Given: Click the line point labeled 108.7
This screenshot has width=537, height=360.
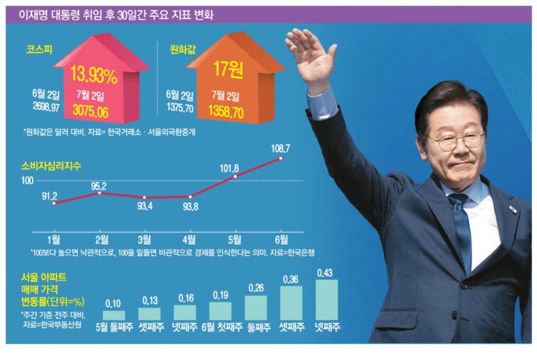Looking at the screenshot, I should click(281, 159).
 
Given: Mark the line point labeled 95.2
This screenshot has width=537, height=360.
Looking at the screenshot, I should click(99, 193).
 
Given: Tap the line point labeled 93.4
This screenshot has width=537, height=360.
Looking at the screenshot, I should click(145, 197).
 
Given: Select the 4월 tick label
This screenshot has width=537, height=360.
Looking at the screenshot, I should click(190, 240).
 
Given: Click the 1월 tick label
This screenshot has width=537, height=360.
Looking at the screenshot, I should click(54, 240).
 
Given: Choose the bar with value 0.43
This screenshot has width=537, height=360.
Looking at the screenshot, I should click(327, 300).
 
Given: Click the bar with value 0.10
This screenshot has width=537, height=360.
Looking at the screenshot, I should click(113, 315).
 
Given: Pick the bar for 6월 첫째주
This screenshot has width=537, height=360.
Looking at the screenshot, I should click(220, 310).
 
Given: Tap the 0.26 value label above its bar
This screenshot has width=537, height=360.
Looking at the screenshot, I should click(256, 288).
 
